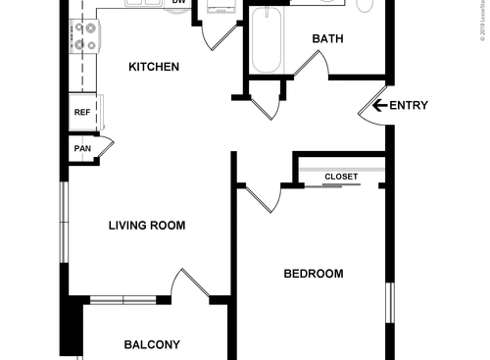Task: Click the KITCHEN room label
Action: coord(154,68)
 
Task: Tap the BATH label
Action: coord(327,39)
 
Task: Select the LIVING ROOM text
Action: coord(146,226)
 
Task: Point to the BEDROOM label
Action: coord(313,274)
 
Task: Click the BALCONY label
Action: coord(151,344)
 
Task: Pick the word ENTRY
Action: coord(409,106)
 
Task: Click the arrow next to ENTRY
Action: coord(379,106)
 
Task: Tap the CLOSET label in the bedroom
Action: coord(341,177)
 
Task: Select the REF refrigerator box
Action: coord(82,113)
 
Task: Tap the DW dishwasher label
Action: coord(179,3)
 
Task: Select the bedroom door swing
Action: coord(263,197)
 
